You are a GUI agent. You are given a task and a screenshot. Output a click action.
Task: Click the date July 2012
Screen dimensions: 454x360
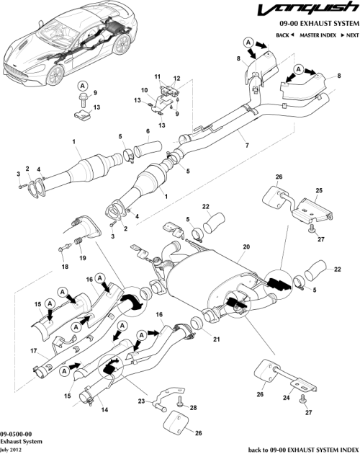[12, 448]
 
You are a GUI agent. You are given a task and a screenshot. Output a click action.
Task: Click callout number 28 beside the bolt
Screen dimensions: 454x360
[192, 408]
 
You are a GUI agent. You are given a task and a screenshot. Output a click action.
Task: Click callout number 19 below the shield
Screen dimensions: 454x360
[81, 257]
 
